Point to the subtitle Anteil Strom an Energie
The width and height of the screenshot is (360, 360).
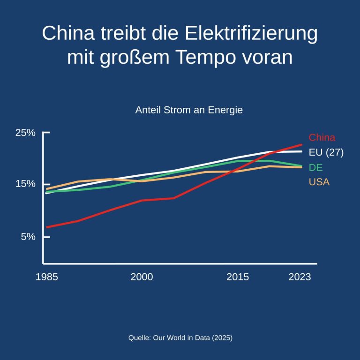tap(189, 111)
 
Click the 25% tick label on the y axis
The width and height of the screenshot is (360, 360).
tap(25, 133)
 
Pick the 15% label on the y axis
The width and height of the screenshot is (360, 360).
tap(25, 184)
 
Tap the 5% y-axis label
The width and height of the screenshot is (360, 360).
tap(28, 237)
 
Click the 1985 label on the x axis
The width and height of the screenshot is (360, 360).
tap(47, 277)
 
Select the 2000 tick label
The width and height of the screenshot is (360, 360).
tap(142, 277)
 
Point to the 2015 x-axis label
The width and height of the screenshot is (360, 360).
tap(238, 277)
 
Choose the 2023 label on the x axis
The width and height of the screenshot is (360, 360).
tap(300, 277)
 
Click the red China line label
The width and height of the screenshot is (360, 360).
tap(322, 138)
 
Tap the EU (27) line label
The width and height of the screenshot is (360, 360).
tap(326, 152)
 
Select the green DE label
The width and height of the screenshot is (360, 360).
tap(316, 167)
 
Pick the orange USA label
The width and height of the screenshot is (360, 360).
tap(319, 182)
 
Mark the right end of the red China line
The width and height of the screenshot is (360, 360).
tap(301, 144)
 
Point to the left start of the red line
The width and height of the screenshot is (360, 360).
tap(46, 227)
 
